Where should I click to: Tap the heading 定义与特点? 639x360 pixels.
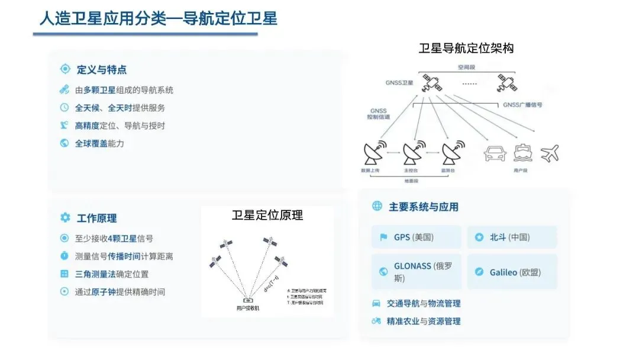101,70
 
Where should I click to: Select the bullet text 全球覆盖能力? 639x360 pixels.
99,143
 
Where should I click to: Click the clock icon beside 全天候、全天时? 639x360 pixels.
64,108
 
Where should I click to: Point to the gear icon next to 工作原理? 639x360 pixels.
65,218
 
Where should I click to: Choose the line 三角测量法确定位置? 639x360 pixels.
111,274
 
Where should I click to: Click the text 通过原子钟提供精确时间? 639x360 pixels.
120,292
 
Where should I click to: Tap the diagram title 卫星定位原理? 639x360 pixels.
267,216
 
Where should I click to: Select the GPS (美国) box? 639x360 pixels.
417,237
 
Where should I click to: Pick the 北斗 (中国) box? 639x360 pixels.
512,237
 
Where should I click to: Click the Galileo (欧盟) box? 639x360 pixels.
512,272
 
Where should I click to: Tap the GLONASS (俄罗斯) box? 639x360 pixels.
417,272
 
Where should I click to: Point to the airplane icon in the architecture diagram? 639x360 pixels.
550,153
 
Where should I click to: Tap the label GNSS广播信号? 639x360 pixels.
522,105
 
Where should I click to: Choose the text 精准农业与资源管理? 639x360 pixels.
423,321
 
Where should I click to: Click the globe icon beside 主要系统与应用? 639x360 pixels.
377,206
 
